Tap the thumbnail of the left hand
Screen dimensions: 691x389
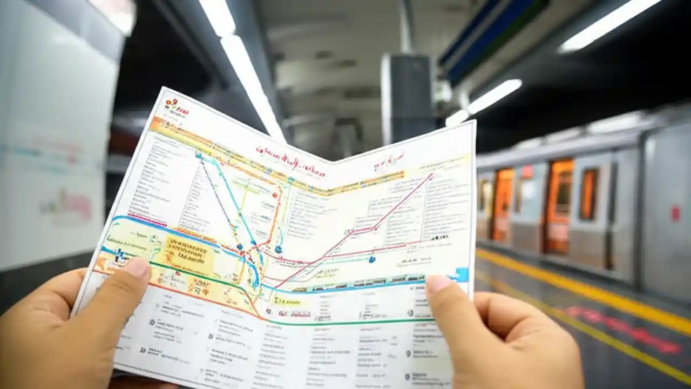click(137, 267)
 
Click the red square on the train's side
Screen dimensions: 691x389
click(675, 213)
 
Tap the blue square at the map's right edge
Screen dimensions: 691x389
click(462, 274)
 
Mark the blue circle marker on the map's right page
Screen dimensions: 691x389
click(372, 259)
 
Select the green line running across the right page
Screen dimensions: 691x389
click(351, 321)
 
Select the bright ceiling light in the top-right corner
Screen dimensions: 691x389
click(610, 24)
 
